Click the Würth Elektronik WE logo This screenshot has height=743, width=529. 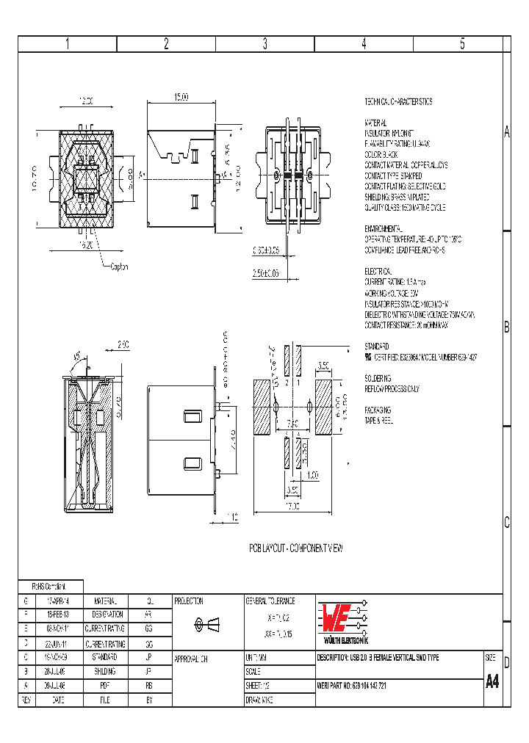[341, 620]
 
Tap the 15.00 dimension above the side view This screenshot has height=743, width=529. [181, 97]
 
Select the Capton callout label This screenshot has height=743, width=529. [118, 267]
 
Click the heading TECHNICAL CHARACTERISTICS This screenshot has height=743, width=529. [398, 102]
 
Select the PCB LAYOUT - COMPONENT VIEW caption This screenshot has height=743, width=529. [295, 548]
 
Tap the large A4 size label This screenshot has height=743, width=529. [492, 681]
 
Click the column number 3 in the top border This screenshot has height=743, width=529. [264, 44]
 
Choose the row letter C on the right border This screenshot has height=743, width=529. [506, 523]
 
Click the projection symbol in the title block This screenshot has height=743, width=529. [206, 624]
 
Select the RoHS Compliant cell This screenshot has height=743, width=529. [49, 587]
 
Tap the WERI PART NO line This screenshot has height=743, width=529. [364, 686]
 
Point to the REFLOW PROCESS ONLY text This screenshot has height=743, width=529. [392, 388]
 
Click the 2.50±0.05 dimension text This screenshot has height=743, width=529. [265, 273]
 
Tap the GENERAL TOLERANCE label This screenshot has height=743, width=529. [270, 601]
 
